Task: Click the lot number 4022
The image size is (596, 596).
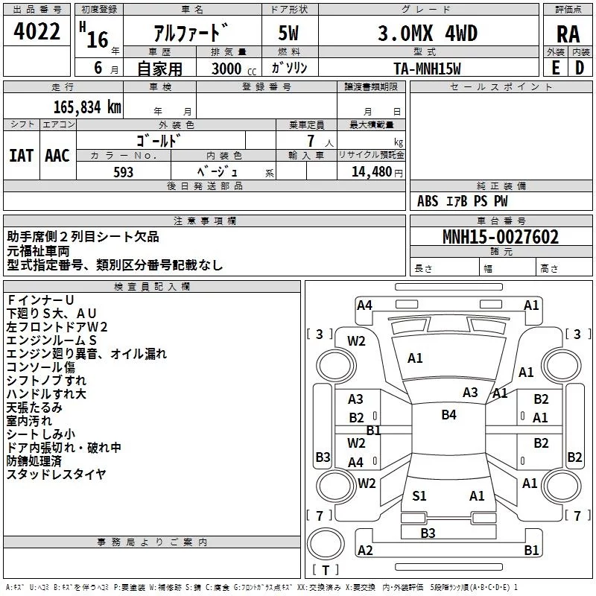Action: point(37,31)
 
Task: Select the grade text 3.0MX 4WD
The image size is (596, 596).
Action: point(428,33)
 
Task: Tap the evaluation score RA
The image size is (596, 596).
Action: point(568,34)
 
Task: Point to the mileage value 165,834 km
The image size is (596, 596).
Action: point(87,107)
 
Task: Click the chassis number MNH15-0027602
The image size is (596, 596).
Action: point(501,237)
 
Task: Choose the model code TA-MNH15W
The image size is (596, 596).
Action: point(427,69)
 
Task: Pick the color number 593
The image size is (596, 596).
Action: point(123,172)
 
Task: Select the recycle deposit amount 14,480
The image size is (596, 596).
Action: point(371,172)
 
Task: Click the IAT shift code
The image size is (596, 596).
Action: point(21,156)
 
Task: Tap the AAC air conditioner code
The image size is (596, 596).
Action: point(57,156)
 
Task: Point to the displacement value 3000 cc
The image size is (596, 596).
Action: point(234,69)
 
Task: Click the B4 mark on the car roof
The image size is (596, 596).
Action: point(449,415)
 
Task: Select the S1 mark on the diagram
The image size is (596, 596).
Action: point(419,496)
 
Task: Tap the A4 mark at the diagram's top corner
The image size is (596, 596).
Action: point(364,305)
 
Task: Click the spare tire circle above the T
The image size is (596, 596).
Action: point(326,544)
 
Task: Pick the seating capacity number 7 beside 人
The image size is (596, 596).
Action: point(311,141)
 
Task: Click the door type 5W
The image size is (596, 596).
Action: point(288,33)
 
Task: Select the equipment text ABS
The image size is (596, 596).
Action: point(428,201)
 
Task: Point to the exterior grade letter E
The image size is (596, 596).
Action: point(555,68)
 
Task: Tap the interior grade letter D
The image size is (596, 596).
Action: point(580,68)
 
